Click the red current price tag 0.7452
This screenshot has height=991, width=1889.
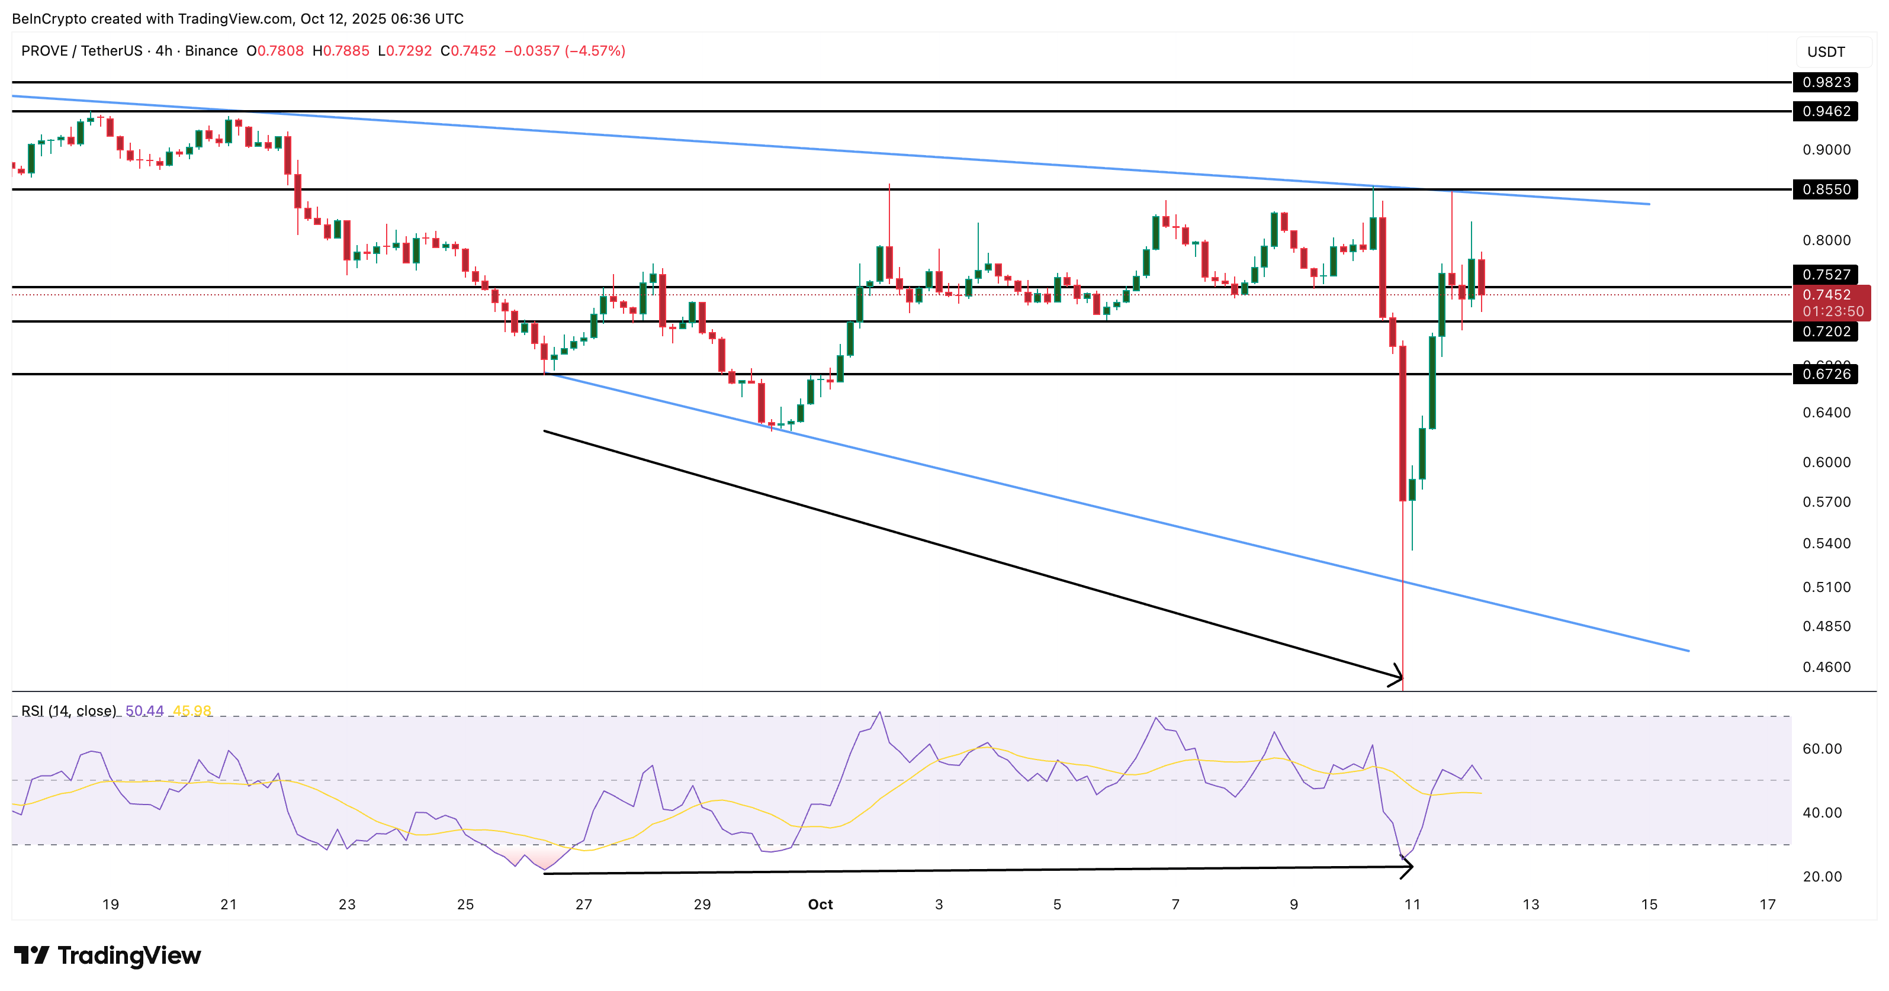(x=1831, y=295)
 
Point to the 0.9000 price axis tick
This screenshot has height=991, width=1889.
(x=1826, y=150)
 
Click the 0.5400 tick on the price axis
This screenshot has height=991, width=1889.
(x=1826, y=543)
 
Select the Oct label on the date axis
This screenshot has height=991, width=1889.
(x=820, y=904)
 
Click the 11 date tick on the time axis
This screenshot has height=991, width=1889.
(x=1412, y=904)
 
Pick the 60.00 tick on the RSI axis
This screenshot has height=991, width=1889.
(x=1821, y=748)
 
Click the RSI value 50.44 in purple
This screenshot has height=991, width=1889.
(x=144, y=710)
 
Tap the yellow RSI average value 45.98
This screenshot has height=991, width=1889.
(x=192, y=710)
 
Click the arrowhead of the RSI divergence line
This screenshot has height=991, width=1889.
(x=1409, y=867)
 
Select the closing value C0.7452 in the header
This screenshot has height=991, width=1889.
(x=468, y=50)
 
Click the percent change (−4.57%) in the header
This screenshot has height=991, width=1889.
(x=595, y=50)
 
